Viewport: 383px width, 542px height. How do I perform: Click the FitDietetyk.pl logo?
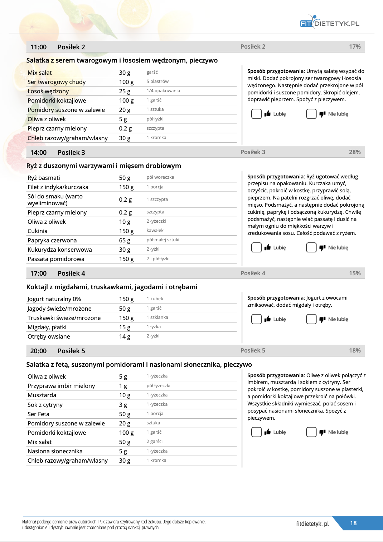tap(329, 23)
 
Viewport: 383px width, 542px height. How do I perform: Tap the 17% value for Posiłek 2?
tap(355, 47)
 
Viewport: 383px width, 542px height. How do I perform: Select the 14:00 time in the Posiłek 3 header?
tap(38, 153)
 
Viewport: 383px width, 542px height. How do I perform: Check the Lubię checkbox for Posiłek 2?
tap(256, 114)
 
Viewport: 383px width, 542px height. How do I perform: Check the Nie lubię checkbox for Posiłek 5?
tap(311, 432)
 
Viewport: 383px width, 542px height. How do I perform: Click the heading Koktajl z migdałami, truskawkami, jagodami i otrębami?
tap(112, 287)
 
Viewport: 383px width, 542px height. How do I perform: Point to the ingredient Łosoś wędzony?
tap(48, 92)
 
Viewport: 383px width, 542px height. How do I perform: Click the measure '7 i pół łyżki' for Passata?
tap(158, 259)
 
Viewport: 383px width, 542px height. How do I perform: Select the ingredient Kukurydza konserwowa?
tap(59, 250)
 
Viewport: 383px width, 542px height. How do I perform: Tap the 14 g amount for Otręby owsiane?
tap(125, 337)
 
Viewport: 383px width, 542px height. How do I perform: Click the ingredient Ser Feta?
tap(38, 414)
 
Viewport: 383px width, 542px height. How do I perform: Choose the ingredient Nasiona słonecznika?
tap(55, 452)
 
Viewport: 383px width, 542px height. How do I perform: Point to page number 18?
tap(353, 523)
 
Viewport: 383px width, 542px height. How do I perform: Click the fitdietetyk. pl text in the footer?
tap(312, 524)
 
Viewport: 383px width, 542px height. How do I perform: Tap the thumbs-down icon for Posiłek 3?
tap(322, 248)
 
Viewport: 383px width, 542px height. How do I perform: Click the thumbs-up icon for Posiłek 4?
tap(267, 319)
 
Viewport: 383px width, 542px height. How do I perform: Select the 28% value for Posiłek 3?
tap(355, 152)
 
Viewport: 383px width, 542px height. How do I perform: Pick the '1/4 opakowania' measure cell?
tap(163, 91)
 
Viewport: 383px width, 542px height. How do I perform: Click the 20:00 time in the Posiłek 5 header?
tap(38, 351)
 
